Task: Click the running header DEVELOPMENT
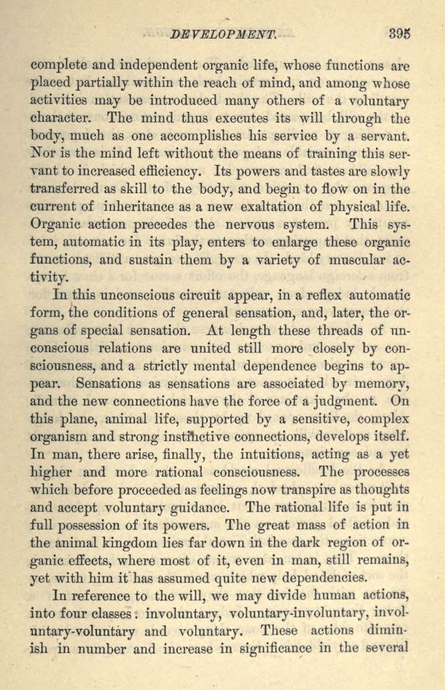click(x=222, y=34)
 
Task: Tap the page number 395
click(x=399, y=33)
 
